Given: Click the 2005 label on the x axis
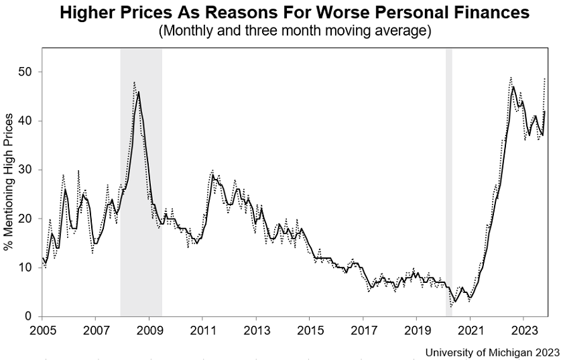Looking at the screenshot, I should pyautogui.click(x=42, y=330).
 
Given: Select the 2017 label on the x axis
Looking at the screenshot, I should pyautogui.click(x=363, y=330).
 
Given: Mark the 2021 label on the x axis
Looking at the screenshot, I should pyautogui.click(x=470, y=330).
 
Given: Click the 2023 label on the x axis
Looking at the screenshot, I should pyautogui.click(x=523, y=330).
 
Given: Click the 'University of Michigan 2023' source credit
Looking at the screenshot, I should pyautogui.click(x=492, y=351).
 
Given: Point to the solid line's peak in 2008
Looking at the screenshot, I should pyautogui.click(x=138, y=92).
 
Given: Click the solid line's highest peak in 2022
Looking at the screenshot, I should pyautogui.click(x=513, y=87).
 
